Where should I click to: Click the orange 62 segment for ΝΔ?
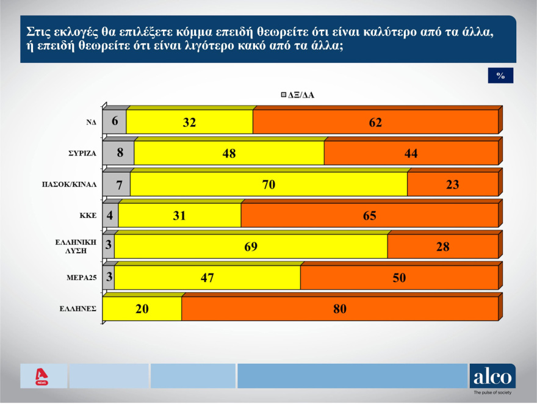click(x=375, y=122)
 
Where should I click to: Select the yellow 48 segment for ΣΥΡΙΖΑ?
click(x=229, y=153)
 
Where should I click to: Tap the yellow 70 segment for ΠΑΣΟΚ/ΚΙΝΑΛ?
click(x=268, y=184)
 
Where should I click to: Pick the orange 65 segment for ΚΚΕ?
click(x=369, y=215)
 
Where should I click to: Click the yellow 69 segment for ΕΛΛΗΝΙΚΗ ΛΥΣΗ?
click(x=251, y=247)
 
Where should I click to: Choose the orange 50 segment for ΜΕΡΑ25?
click(x=399, y=278)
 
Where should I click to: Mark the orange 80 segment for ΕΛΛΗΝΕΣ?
click(x=340, y=309)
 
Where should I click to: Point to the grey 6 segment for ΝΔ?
click(x=115, y=122)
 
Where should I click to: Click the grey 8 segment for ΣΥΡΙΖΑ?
click(x=118, y=153)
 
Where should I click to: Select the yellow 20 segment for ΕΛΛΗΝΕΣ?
click(x=142, y=309)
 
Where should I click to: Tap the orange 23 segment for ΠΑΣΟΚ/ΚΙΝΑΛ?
click(x=452, y=184)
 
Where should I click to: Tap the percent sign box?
click(x=500, y=75)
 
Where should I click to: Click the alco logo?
click(x=492, y=376)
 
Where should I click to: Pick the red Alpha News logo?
click(x=42, y=376)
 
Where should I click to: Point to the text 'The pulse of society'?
click(x=492, y=393)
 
